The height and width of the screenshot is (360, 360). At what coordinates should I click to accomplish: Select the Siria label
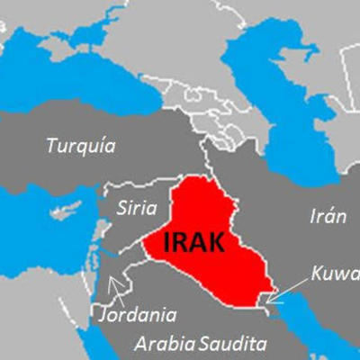(137, 208)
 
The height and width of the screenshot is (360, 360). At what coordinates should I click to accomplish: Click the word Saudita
(234, 344)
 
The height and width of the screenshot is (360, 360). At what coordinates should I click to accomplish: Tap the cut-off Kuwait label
(335, 273)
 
